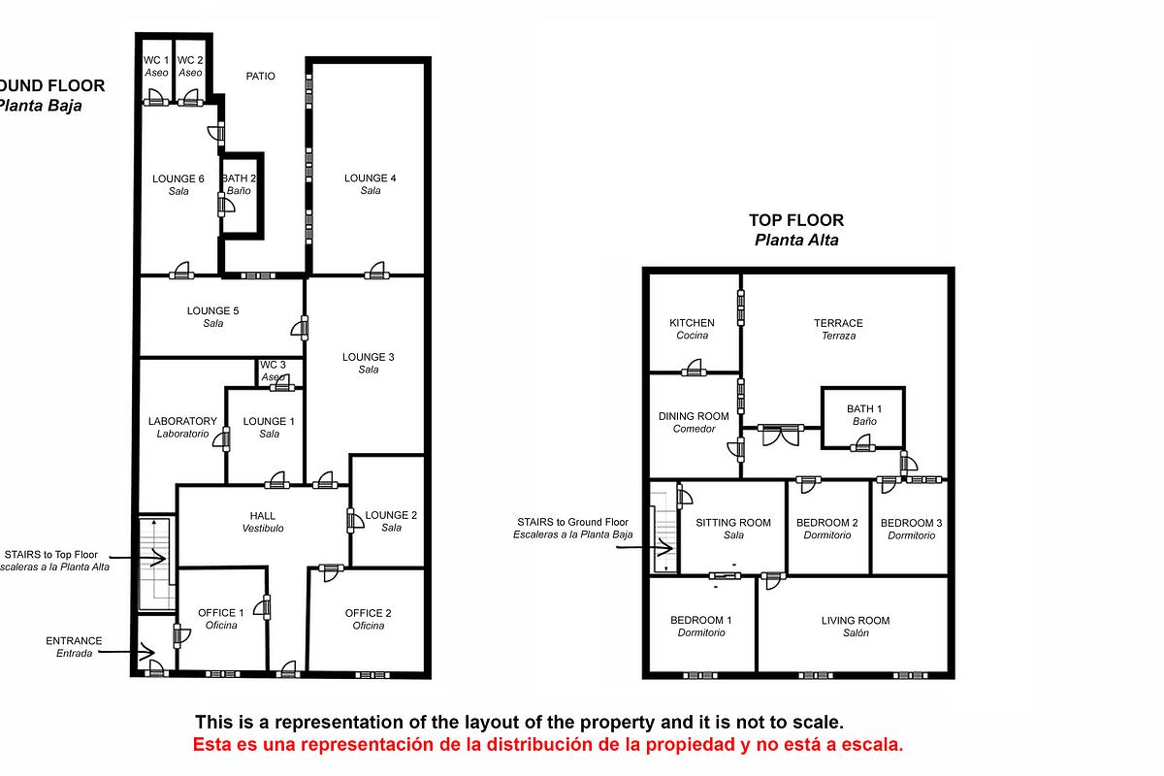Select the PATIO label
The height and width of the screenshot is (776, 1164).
(x=260, y=76)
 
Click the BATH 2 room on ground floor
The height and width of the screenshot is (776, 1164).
(x=239, y=185)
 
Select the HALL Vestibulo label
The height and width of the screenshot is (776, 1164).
(x=262, y=522)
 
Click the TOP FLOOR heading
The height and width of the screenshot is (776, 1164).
(x=795, y=220)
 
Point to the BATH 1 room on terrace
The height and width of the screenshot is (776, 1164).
(x=863, y=415)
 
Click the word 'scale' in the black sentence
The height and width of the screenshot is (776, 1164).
(x=818, y=723)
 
